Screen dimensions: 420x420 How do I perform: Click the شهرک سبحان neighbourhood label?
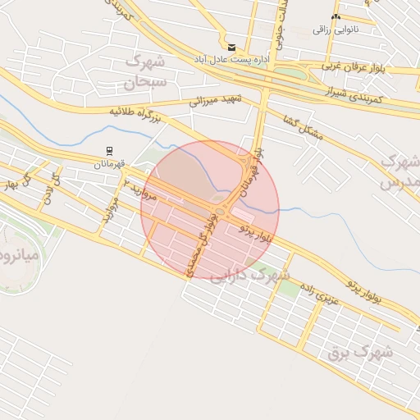(x=145, y=71)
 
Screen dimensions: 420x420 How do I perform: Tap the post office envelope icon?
(x=231, y=48)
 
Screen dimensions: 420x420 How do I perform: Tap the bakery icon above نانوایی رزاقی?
(x=335, y=17)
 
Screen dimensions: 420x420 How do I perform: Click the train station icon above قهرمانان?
(x=108, y=151)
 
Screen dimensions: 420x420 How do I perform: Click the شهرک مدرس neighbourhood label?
(x=399, y=171)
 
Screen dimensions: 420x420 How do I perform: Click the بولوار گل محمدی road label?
(x=203, y=243)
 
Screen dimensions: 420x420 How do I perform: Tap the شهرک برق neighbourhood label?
(x=361, y=353)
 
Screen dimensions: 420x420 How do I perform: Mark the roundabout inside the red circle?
(x=219, y=199)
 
